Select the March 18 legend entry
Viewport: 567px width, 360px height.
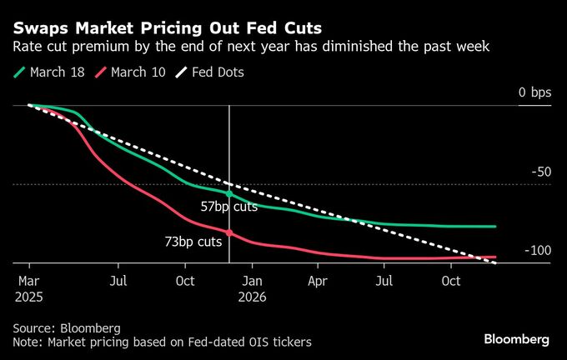[x=49, y=72]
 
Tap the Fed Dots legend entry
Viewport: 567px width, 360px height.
[x=213, y=72]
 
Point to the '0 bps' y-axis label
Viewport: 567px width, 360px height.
[x=534, y=92]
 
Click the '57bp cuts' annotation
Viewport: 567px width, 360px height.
[x=229, y=207]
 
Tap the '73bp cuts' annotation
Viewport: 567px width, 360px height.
[x=193, y=242]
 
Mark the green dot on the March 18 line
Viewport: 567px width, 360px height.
[x=229, y=193]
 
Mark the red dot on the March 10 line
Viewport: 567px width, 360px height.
[x=229, y=233]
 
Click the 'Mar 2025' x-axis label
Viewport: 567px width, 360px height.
[x=28, y=287]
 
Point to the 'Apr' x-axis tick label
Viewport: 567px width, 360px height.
[x=318, y=281]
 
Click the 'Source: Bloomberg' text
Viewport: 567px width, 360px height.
[x=67, y=327]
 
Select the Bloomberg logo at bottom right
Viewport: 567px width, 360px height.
[x=516, y=339]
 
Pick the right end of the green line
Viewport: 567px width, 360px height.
[x=495, y=226]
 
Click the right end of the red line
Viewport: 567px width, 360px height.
[x=495, y=257]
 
